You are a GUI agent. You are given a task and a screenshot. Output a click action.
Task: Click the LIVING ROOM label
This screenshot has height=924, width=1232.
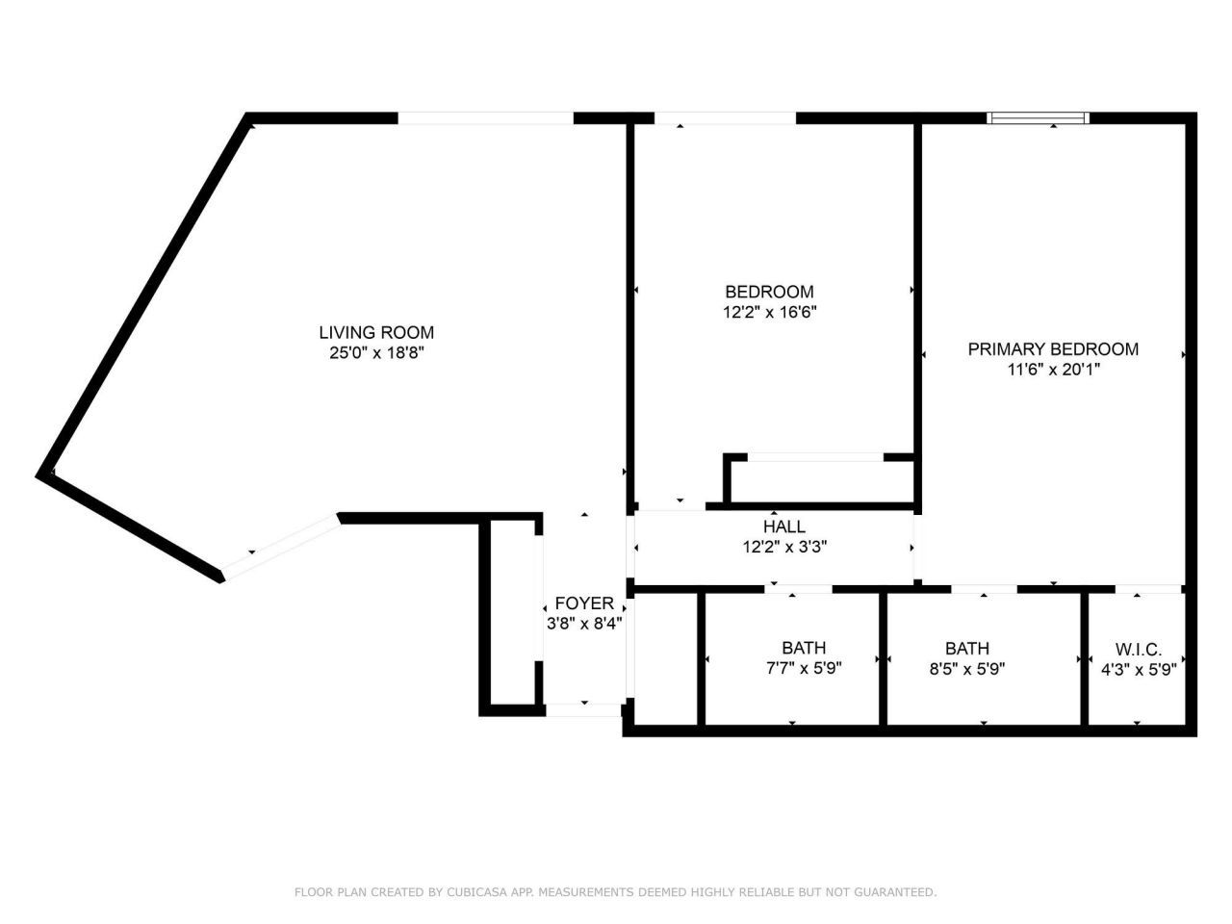pyautogui.click(x=376, y=333)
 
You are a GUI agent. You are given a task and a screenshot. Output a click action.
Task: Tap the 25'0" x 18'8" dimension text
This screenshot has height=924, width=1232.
pyautogui.click(x=376, y=353)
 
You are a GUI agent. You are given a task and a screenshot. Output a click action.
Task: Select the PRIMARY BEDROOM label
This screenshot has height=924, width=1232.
pyautogui.click(x=1053, y=349)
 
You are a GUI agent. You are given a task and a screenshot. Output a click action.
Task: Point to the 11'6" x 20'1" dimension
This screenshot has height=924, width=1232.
pyautogui.click(x=1054, y=370)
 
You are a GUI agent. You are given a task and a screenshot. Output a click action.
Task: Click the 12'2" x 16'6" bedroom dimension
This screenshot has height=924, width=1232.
pyautogui.click(x=769, y=312)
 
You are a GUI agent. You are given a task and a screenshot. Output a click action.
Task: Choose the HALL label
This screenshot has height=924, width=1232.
pyautogui.click(x=784, y=526)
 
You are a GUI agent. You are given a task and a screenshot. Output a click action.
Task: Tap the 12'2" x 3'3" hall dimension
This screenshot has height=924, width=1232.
pyautogui.click(x=784, y=547)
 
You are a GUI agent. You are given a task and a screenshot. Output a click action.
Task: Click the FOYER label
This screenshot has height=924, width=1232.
pyautogui.click(x=584, y=603)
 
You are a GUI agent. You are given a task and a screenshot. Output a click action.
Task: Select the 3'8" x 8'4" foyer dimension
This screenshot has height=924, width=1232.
pyautogui.click(x=584, y=624)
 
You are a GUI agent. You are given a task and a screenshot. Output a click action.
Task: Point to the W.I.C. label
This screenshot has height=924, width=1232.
pyautogui.click(x=1139, y=650)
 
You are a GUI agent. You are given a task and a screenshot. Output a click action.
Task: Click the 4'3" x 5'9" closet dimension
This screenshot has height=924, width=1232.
pyautogui.click(x=1139, y=670)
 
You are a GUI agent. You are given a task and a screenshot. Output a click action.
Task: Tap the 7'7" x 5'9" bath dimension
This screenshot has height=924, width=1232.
pyautogui.click(x=804, y=668)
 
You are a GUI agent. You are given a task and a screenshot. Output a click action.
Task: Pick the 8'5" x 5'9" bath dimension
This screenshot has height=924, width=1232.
pyautogui.click(x=967, y=669)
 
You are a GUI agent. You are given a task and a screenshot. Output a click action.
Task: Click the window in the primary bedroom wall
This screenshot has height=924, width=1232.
pyautogui.click(x=1038, y=117)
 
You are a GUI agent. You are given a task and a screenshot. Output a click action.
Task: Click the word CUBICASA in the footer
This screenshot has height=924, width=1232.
pyautogui.click(x=476, y=892)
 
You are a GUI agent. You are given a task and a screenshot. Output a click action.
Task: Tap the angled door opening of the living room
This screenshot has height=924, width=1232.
pyautogui.click(x=281, y=547)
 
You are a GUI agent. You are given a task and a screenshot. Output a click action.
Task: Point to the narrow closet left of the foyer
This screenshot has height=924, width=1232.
pyautogui.click(x=512, y=612)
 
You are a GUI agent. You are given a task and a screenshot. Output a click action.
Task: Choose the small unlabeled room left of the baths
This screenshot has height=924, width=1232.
pyautogui.click(x=665, y=659)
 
